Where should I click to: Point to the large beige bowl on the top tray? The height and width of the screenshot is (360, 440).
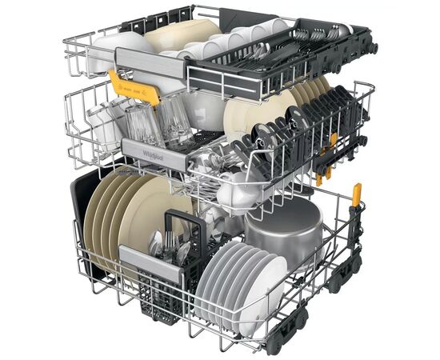(x=180, y=36)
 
